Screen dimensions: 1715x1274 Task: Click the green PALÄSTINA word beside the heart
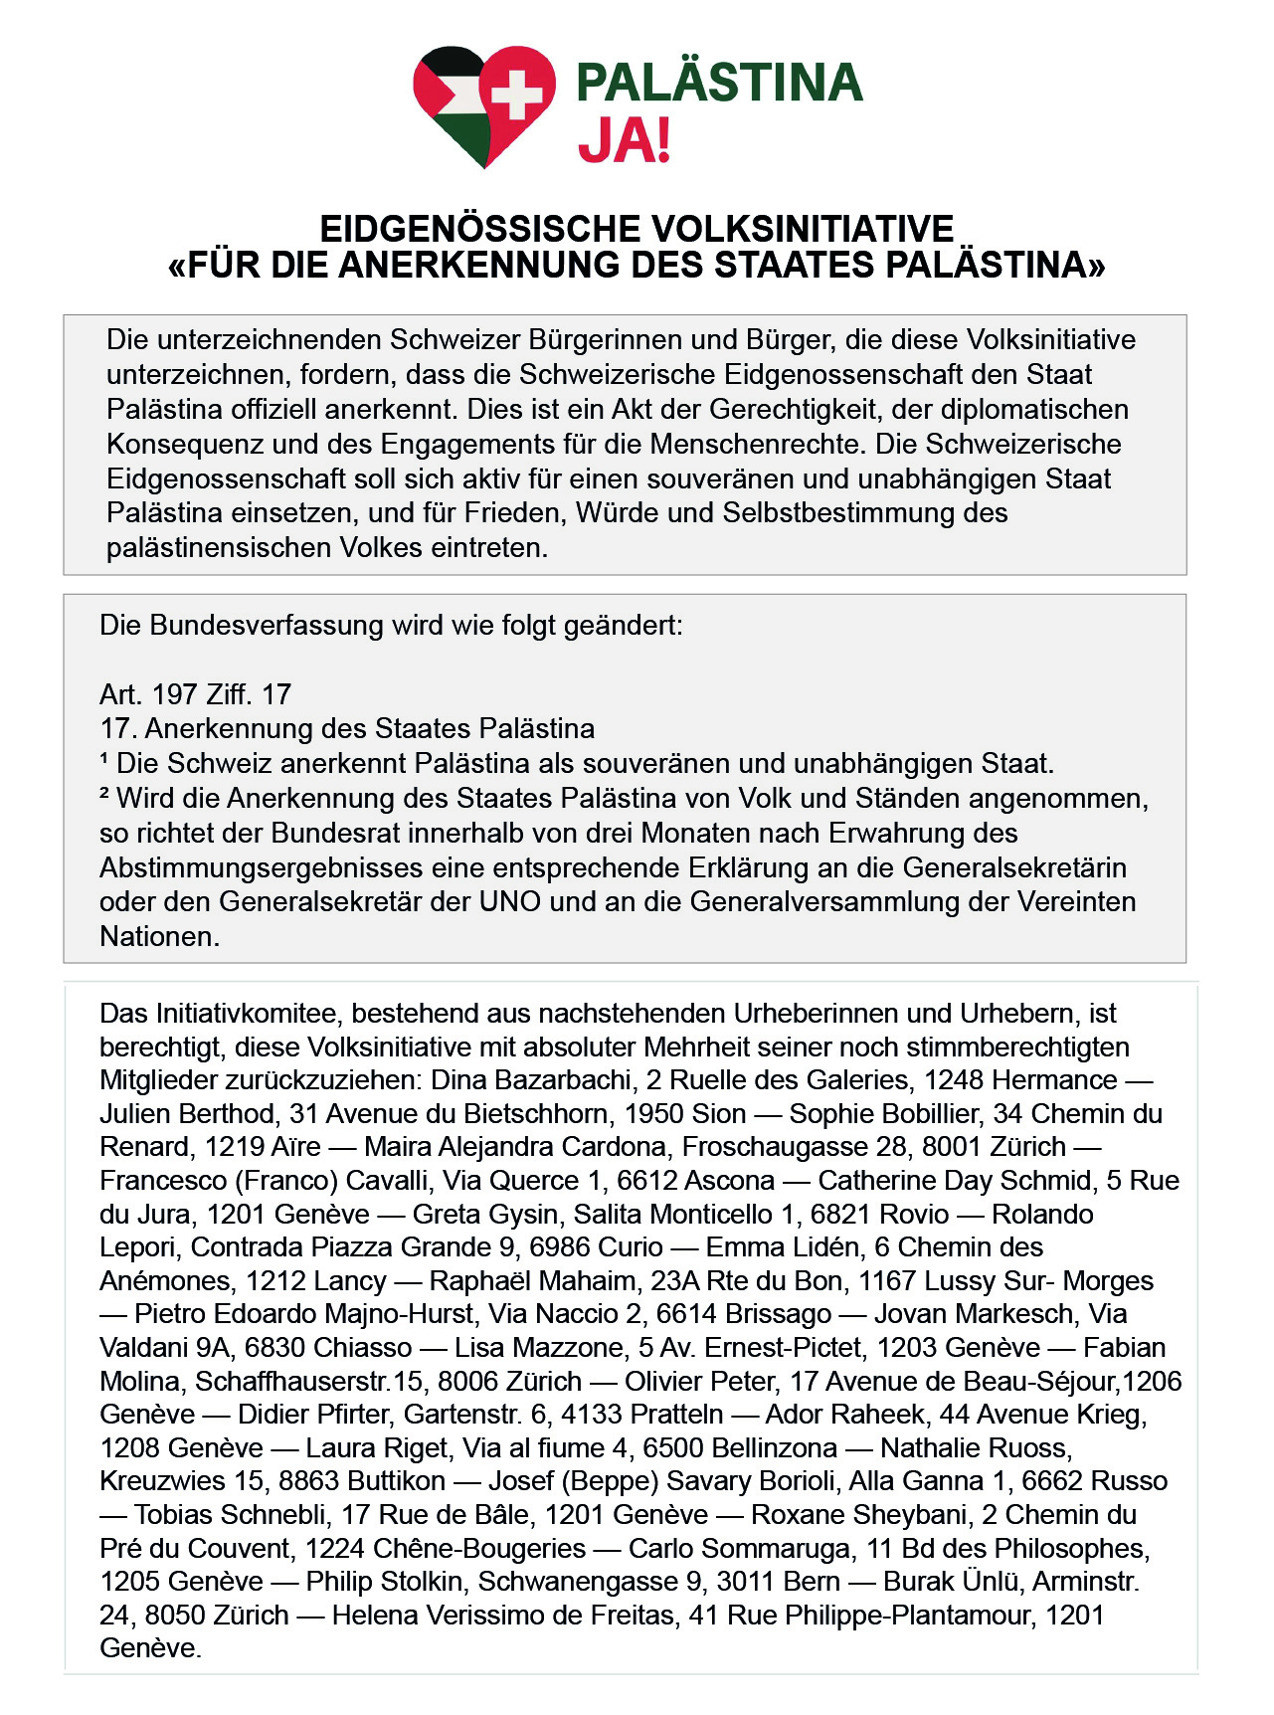point(719,83)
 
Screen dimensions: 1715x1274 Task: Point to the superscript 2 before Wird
point(104,795)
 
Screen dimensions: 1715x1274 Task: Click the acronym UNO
point(510,902)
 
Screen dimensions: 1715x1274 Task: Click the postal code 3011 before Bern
point(745,1582)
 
